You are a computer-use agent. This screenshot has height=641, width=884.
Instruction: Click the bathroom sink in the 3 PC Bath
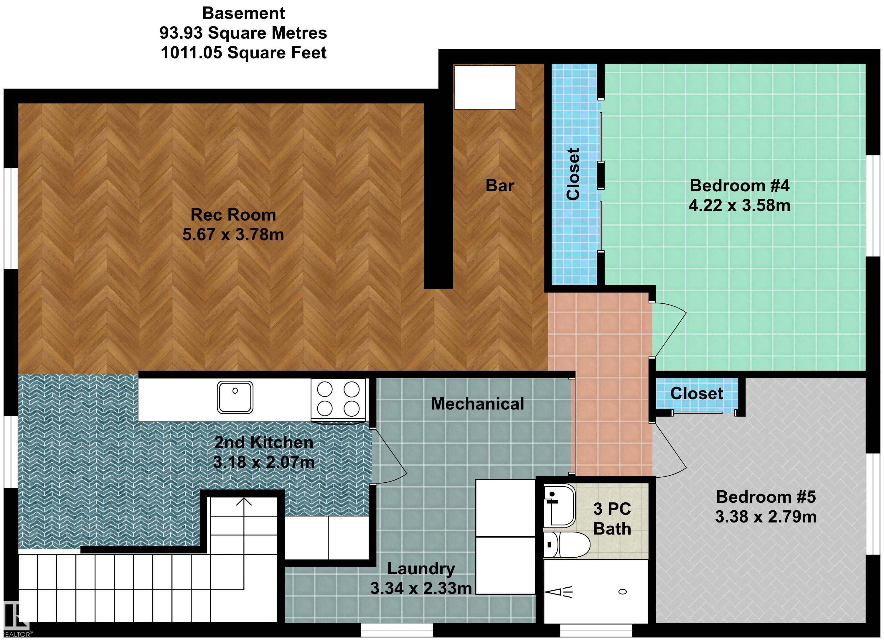pos(559,505)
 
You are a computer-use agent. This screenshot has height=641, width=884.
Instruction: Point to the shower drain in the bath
pos(622,591)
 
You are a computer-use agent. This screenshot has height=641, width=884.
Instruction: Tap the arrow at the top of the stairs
pos(244,502)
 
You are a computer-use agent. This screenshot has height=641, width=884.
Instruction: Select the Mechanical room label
pos(477,404)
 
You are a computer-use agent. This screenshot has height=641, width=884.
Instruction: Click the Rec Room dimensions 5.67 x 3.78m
pos(233,235)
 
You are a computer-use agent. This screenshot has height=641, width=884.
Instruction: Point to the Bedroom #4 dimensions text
pos(739,206)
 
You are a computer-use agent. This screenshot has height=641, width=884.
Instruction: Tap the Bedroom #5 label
pos(766,497)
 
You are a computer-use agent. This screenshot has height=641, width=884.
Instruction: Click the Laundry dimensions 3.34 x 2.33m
pos(421,588)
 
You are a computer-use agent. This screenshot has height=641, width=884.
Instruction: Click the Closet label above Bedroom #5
pos(697,393)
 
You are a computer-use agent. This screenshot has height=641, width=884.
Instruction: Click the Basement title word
pos(244,13)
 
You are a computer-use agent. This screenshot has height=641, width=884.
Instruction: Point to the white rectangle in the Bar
pos(485,87)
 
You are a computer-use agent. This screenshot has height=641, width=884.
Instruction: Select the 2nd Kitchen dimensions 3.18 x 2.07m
pos(264,462)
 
